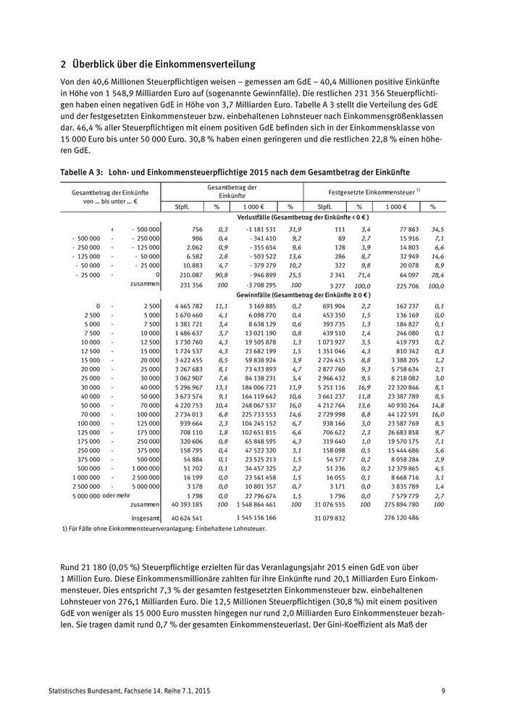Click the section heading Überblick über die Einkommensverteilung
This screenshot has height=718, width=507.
tap(157, 65)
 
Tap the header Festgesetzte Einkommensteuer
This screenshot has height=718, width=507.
tap(374, 191)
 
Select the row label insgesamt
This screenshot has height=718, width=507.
tap(145, 518)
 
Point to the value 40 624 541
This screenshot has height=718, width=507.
tap(186, 518)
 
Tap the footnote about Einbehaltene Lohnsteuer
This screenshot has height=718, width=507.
tap(164, 529)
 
